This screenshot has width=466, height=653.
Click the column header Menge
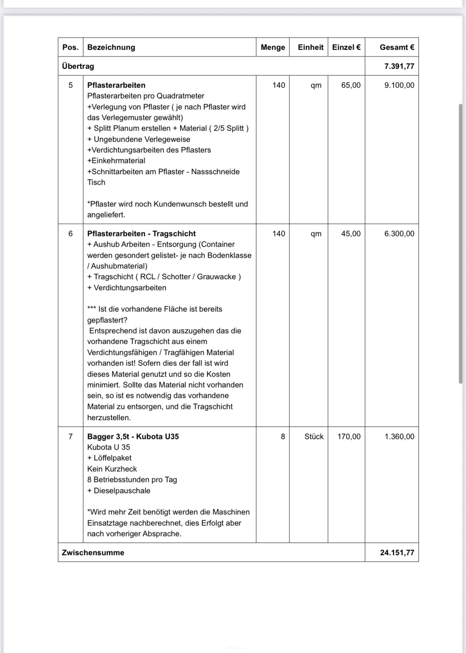(x=273, y=47)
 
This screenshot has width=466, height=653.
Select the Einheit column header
(x=310, y=47)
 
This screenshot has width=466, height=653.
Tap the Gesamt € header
(x=397, y=47)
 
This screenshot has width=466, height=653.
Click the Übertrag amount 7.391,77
(x=399, y=66)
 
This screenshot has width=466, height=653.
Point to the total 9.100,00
(x=399, y=85)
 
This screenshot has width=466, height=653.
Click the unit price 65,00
(x=351, y=85)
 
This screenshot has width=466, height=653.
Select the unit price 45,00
(x=351, y=234)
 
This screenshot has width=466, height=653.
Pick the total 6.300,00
(x=399, y=234)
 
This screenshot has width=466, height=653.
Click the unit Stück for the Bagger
(x=314, y=437)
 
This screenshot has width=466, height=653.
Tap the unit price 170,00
(x=349, y=437)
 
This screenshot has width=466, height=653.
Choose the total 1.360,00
(x=399, y=437)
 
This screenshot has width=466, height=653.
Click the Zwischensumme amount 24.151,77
(x=397, y=553)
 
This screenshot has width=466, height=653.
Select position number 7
(x=70, y=437)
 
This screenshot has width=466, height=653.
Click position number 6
(x=70, y=234)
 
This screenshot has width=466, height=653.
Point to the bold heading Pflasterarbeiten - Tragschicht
(x=141, y=234)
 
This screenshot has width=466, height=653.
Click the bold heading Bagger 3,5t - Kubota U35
(x=133, y=437)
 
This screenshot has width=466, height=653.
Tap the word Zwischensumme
(x=93, y=553)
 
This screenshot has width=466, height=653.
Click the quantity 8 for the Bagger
(x=283, y=437)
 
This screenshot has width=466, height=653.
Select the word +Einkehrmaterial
(x=116, y=161)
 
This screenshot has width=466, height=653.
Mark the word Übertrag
(x=78, y=66)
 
